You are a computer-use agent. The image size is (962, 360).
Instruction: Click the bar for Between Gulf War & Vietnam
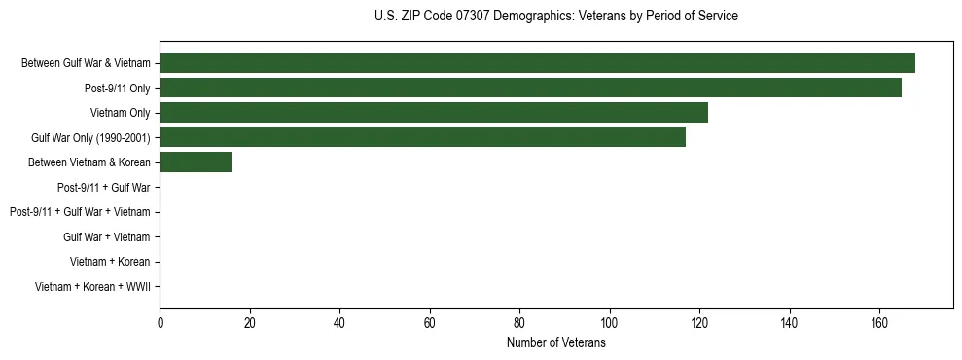pyautogui.click(x=537, y=63)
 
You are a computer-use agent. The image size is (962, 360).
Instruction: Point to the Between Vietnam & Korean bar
pyautogui.click(x=196, y=162)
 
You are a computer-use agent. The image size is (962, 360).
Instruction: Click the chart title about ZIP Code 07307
pyautogui.click(x=555, y=17)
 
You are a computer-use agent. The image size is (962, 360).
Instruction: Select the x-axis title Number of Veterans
pyautogui.click(x=555, y=342)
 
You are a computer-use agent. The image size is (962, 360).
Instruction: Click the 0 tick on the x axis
pyautogui.click(x=160, y=323)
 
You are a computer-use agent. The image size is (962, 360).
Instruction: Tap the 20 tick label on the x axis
pyautogui.click(x=250, y=323)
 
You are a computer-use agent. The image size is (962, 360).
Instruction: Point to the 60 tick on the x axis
pyautogui.click(x=430, y=323)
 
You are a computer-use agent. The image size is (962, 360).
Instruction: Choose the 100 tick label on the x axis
pyautogui.click(x=610, y=323)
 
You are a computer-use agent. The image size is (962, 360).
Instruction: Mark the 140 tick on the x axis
pyautogui.click(x=789, y=323)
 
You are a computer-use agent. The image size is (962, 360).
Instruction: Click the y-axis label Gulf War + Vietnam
pyautogui.click(x=107, y=236)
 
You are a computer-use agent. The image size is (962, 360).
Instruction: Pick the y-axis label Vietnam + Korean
pyautogui.click(x=110, y=262)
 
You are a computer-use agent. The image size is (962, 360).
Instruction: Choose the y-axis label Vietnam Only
pyautogui.click(x=121, y=113)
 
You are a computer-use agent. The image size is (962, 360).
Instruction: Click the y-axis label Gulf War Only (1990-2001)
pyautogui.click(x=90, y=137)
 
